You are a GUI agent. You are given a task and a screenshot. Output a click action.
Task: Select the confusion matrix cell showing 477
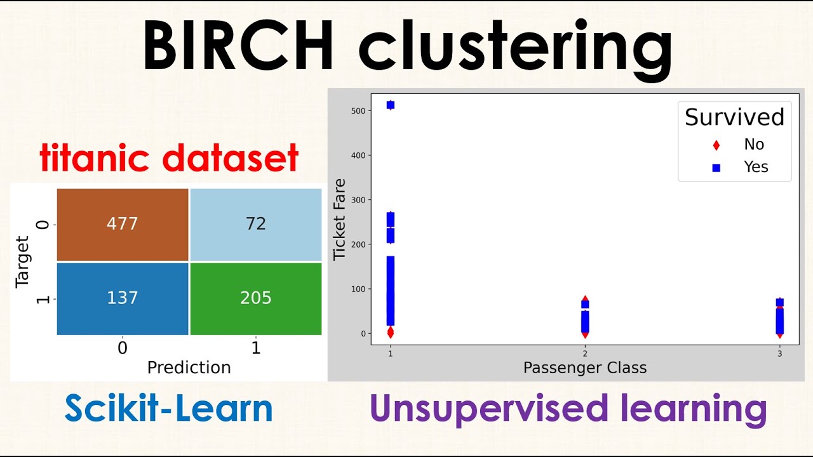123,224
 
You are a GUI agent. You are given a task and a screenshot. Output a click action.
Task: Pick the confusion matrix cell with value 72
255,224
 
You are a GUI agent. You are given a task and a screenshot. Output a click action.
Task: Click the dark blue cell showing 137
123,298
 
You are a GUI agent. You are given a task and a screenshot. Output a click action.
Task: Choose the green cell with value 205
255,298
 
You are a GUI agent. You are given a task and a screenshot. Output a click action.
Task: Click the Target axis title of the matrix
23,262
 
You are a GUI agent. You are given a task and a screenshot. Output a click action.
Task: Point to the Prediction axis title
189,368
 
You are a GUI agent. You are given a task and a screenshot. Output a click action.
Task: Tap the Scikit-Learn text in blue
168,409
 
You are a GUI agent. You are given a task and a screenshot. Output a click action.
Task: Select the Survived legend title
734,117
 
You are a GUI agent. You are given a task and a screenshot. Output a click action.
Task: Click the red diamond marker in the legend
716,145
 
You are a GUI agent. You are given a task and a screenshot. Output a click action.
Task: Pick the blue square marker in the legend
716,168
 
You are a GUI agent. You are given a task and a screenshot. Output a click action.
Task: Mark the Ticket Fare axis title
340,220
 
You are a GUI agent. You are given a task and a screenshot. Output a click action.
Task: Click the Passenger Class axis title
584,368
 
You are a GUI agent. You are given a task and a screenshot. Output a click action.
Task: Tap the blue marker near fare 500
390,105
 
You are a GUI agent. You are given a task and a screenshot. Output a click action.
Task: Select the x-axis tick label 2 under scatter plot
584,354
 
